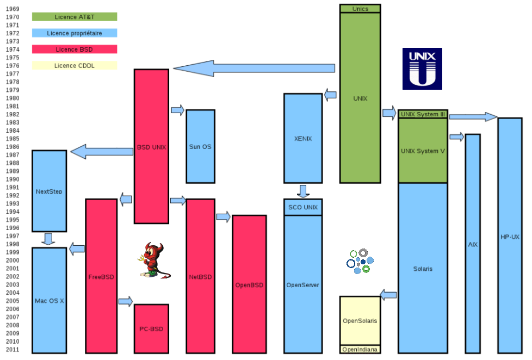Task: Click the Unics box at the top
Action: tap(360, 8)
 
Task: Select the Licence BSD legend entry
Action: tap(75, 49)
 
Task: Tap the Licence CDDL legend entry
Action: tap(75, 66)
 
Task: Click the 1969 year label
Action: tap(13, 9)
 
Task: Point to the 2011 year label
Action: tap(13, 350)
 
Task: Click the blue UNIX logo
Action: tap(422, 69)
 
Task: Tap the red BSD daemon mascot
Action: tap(154, 260)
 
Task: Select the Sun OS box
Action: tap(200, 146)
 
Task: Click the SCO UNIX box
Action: tap(303, 207)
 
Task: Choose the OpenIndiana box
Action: tap(360, 350)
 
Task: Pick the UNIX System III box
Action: tap(423, 114)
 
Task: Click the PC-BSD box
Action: tap(151, 328)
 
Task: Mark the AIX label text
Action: tap(473, 245)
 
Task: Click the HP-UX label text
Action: tap(510, 237)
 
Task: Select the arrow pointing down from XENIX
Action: tap(303, 191)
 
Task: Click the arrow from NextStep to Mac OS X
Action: tap(49, 239)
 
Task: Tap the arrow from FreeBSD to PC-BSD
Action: tap(126, 301)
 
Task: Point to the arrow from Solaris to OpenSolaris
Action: tap(388, 295)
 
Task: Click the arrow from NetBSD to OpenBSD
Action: tap(223, 217)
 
